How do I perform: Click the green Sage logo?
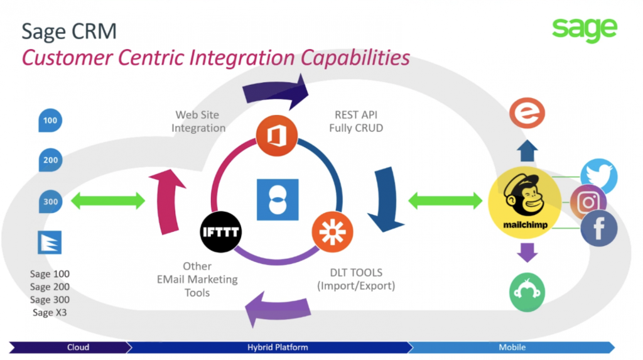pyautogui.click(x=585, y=30)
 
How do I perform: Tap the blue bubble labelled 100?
pyautogui.click(x=50, y=120)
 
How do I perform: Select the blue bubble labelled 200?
pyautogui.click(x=50, y=160)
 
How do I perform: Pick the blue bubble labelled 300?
pyautogui.click(x=50, y=201)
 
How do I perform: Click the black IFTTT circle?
pyautogui.click(x=220, y=232)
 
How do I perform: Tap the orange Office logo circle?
pyautogui.click(x=277, y=136)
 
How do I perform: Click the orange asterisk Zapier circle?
pyautogui.click(x=332, y=232)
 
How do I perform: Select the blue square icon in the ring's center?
pyautogui.click(x=278, y=200)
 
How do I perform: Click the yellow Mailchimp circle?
pyautogui.click(x=525, y=202)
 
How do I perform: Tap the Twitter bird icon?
pyautogui.click(x=599, y=177)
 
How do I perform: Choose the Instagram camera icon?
pyautogui.click(x=588, y=202)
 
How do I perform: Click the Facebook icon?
pyautogui.click(x=599, y=228)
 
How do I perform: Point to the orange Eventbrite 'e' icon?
pyautogui.click(x=527, y=113)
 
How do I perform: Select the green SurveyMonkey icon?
pyautogui.click(x=527, y=292)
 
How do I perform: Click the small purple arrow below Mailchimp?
pyautogui.click(x=527, y=253)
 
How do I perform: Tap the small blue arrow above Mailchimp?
pyautogui.click(x=527, y=151)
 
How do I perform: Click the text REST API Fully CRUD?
pyautogui.click(x=356, y=121)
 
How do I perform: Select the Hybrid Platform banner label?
pyautogui.click(x=278, y=347)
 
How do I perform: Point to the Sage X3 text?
pyautogui.click(x=50, y=312)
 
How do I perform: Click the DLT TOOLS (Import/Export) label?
pyautogui.click(x=356, y=279)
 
